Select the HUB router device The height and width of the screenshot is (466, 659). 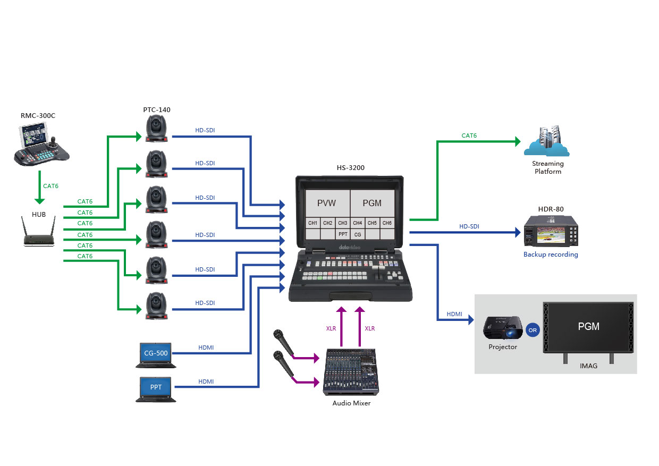39,234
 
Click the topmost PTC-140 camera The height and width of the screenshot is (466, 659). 157,129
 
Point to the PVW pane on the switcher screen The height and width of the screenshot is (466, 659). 327,203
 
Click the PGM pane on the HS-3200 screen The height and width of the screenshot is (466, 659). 372,203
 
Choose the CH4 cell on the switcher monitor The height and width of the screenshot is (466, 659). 358,223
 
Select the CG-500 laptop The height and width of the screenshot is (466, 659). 156,354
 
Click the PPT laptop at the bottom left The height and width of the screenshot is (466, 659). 156,388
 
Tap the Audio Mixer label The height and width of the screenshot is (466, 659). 351,403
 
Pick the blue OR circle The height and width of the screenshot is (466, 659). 533,329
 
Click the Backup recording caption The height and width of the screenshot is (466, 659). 551,255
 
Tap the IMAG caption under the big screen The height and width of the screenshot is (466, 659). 589,366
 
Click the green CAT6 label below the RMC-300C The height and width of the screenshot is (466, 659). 51,186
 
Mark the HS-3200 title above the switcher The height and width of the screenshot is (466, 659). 350,168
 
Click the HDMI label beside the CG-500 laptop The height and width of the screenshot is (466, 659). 206,348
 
